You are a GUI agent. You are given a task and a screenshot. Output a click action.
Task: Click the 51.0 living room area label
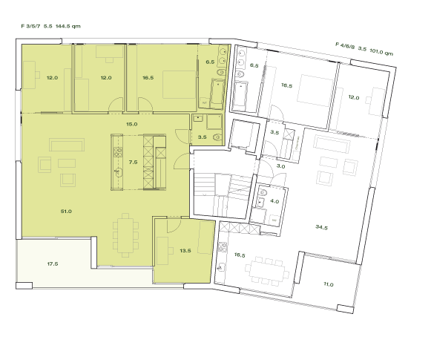[x=66, y=212]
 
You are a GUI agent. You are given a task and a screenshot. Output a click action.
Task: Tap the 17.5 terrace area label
[x=53, y=264]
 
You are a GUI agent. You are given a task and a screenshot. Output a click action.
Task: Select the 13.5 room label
[x=185, y=251]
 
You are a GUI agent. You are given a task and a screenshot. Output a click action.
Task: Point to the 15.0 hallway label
[x=132, y=124]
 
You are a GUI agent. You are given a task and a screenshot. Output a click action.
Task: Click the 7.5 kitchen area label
[x=134, y=161]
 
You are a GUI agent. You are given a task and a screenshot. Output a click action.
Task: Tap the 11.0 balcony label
[x=329, y=284]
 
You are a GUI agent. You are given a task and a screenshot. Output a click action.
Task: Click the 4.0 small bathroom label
[x=274, y=201]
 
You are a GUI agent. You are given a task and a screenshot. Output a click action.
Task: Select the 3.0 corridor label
[x=280, y=167]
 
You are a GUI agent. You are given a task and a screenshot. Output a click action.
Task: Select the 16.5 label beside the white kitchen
[x=239, y=255]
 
